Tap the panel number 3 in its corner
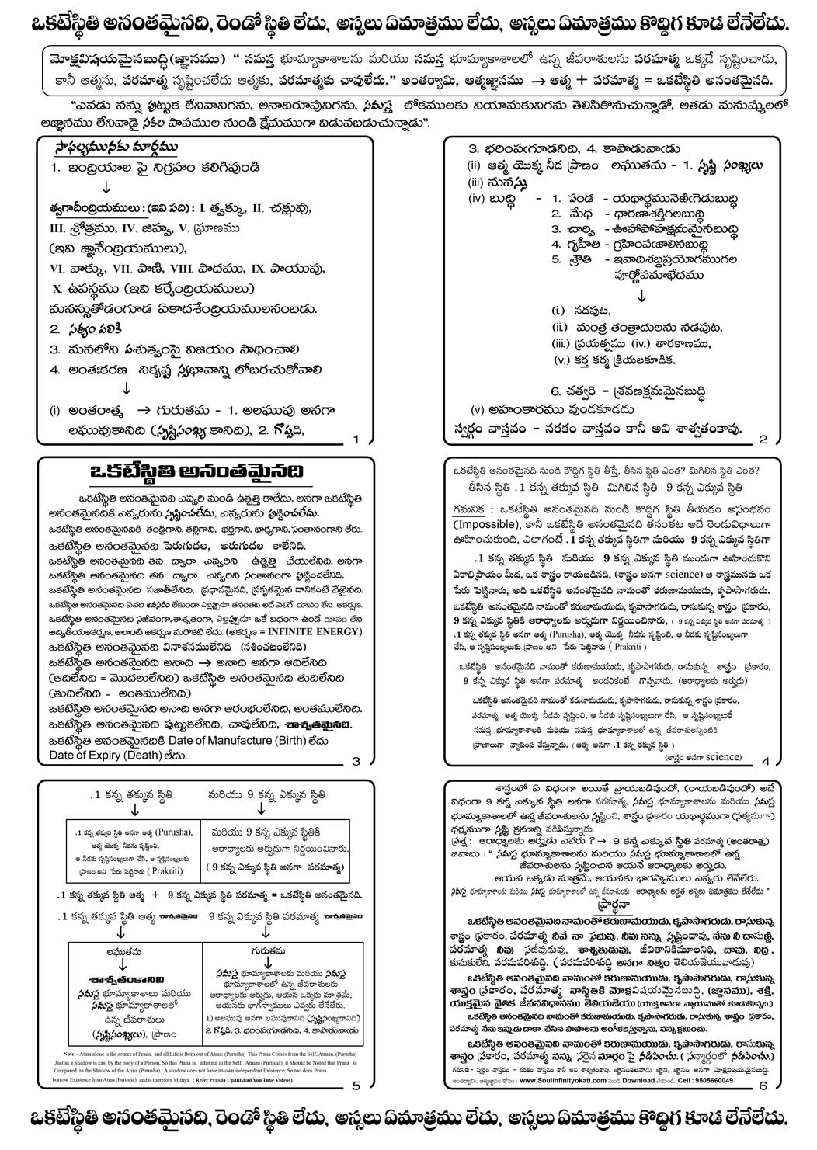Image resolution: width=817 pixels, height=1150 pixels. pos(356,761)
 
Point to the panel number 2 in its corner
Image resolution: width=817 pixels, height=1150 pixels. pos(763,440)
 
